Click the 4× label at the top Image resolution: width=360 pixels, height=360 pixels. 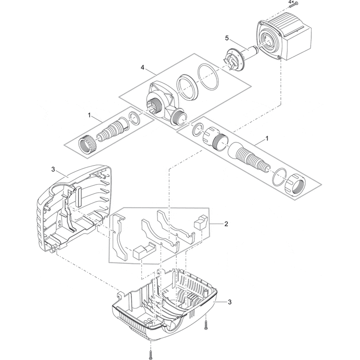coord(291,3)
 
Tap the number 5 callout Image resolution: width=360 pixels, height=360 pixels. coord(227,38)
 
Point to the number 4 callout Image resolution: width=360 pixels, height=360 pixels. coord(142,67)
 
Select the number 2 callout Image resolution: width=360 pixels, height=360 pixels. coord(226,224)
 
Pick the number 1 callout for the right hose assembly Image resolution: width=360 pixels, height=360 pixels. coord(266,139)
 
